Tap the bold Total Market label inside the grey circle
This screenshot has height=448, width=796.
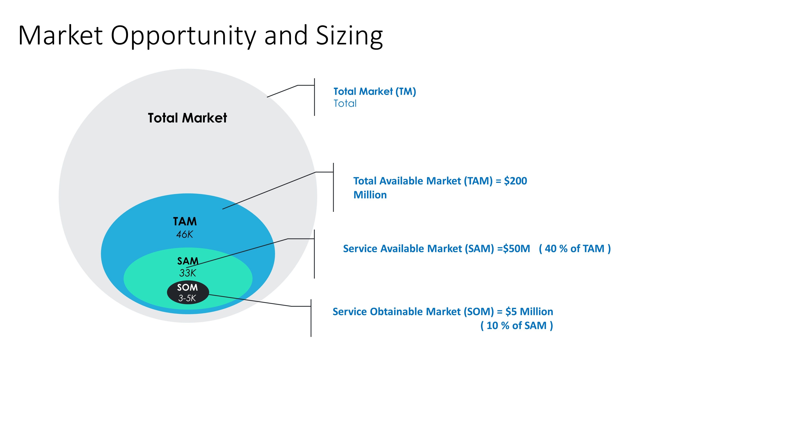click(187, 118)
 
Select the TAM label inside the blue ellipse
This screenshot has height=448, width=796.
click(185, 221)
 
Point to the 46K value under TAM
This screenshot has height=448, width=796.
click(184, 234)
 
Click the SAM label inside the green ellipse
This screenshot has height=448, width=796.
click(188, 261)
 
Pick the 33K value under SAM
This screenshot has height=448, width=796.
click(188, 273)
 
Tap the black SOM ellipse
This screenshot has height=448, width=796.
click(188, 292)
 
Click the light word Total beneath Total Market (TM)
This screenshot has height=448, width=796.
click(345, 103)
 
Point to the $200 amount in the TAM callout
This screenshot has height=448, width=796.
click(515, 181)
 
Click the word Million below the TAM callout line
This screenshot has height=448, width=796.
click(370, 195)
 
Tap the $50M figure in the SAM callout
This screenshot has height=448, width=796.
click(516, 248)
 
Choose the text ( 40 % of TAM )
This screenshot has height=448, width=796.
click(575, 248)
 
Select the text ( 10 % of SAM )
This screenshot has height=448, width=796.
click(517, 326)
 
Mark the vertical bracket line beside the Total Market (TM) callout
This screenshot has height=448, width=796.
click(315, 97)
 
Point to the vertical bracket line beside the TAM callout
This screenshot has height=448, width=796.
click(333, 187)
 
